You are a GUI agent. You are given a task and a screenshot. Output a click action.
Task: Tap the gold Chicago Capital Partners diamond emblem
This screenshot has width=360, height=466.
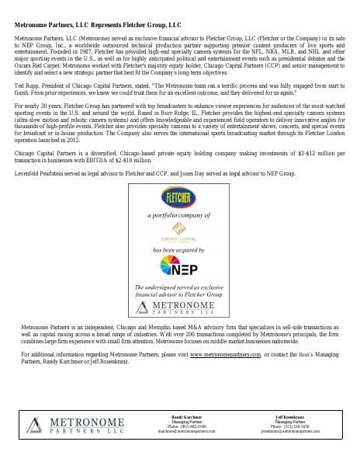pos(180,227)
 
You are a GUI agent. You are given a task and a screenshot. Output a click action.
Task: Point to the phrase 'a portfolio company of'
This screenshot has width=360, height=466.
pos(180,211)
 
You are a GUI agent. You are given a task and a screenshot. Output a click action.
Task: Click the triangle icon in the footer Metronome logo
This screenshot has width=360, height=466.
pos(39,424)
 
